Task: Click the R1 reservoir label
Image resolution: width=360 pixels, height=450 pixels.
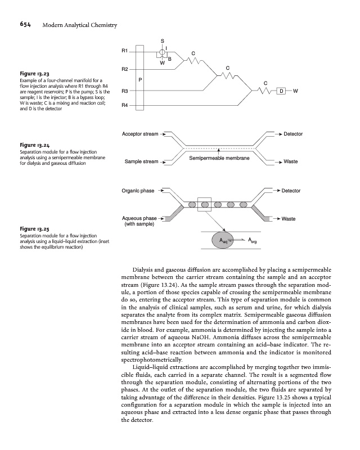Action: click(125, 51)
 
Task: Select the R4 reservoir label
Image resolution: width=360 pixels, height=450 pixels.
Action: click(125, 105)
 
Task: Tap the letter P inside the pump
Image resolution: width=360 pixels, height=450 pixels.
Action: click(140, 80)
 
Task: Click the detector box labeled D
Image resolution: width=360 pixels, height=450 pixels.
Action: click(281, 91)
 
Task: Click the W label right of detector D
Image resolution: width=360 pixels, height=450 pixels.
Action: click(295, 91)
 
